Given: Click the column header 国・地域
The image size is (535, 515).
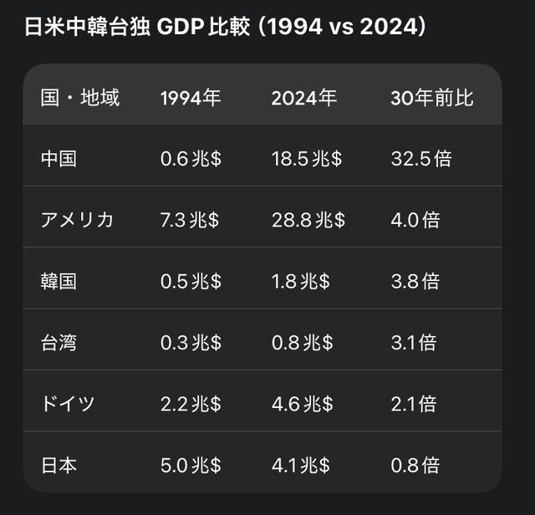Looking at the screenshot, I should [80, 98].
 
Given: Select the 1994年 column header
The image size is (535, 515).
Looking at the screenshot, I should [191, 98].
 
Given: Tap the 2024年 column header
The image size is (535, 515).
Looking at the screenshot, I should [303, 98].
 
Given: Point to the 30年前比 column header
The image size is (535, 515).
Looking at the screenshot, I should [432, 98].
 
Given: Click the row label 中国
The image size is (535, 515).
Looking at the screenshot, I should [59, 159].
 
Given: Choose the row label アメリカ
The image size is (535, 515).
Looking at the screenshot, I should [77, 220].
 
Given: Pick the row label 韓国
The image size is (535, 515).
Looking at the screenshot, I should [59, 282].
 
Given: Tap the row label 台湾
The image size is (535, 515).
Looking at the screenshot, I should [59, 343].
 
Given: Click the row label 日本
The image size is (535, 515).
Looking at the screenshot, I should [59, 466].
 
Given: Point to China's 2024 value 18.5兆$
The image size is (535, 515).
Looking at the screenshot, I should [306, 159].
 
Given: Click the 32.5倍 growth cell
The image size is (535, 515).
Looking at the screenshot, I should [420, 159].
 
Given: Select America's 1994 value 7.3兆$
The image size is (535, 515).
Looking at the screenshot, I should [191, 220].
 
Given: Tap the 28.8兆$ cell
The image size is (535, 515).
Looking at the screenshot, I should [308, 220].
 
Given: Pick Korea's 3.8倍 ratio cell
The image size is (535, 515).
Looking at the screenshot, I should [415, 282].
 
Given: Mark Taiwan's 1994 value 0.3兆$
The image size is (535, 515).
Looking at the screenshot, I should [191, 343].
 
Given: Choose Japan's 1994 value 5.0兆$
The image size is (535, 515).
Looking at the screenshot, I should [191, 466].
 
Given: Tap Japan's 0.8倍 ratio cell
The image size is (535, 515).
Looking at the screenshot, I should [415, 466].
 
